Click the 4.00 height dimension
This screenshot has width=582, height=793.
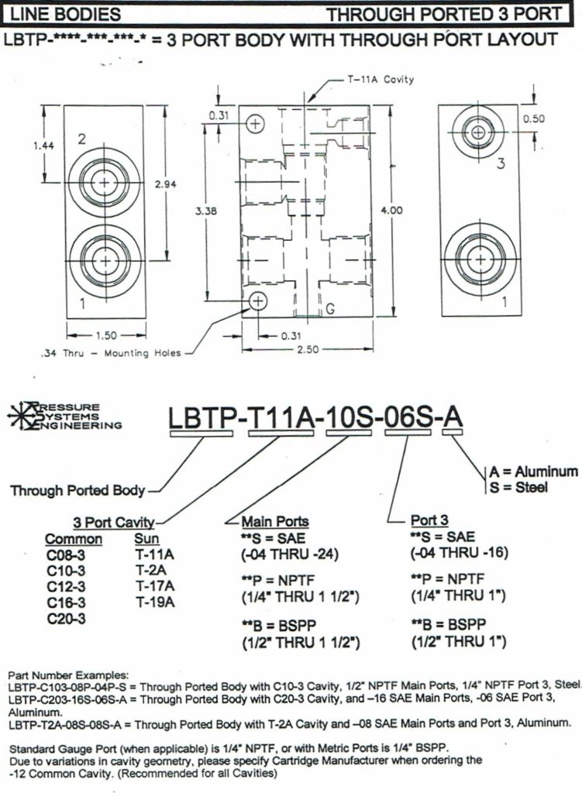[x=398, y=209]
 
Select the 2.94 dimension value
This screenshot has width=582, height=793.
[x=164, y=184]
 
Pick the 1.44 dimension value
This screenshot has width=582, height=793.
[x=44, y=145]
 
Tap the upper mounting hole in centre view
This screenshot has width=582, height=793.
[x=255, y=122]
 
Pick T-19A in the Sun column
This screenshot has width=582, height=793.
[x=154, y=602]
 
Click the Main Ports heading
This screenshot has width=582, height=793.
[x=275, y=522]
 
